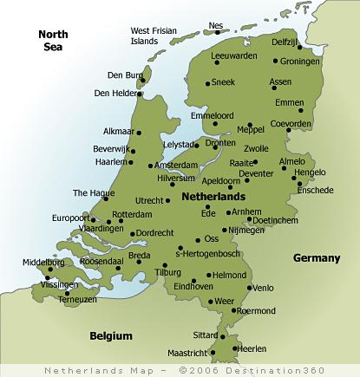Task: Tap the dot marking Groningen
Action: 276,62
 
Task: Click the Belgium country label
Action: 111,335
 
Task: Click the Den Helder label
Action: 115,93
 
